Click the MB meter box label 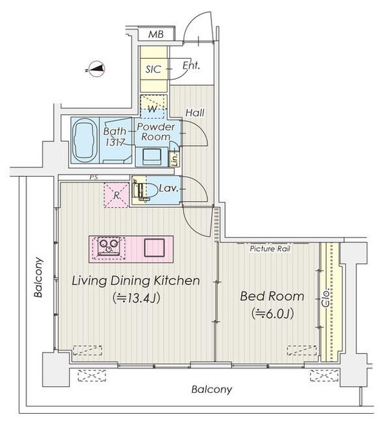click(156, 34)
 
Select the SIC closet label click(153, 69)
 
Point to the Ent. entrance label click(191, 65)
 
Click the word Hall click(195, 113)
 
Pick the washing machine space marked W click(153, 106)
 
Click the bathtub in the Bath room click(85, 140)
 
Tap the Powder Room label click(156, 132)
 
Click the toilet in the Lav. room click(145, 190)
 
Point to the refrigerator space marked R click(117, 195)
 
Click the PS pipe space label click(94, 178)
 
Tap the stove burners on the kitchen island click(109, 247)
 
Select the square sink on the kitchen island click(155, 248)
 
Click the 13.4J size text click(136, 298)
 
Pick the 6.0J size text click(272, 313)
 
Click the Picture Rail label click(270, 249)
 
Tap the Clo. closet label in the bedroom click(326, 298)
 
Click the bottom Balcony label click(212, 389)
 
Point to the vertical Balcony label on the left click(38, 277)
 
